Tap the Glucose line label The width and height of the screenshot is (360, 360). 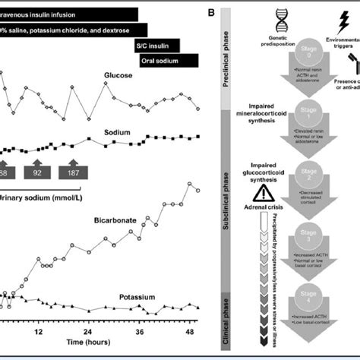click(x=121, y=76)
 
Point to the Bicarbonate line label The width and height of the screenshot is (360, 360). click(x=115, y=220)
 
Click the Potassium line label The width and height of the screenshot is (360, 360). click(x=139, y=297)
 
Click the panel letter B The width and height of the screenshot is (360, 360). click(x=221, y=14)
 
